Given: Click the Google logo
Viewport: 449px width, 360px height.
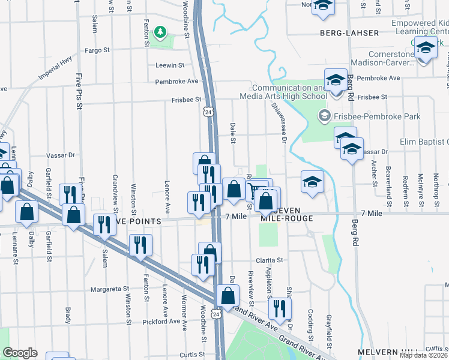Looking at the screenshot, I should [x=20, y=353].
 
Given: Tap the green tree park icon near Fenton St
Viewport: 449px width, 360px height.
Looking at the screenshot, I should [x=160, y=31].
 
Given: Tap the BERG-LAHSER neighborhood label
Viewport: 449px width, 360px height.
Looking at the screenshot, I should [x=349, y=33].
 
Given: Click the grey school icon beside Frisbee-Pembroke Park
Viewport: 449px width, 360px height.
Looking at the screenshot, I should [x=325, y=115].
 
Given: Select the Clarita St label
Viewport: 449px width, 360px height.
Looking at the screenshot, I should [x=268, y=260].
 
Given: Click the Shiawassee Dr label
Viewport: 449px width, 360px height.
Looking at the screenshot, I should [x=279, y=118].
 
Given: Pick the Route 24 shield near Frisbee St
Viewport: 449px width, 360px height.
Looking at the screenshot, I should [x=207, y=112].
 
